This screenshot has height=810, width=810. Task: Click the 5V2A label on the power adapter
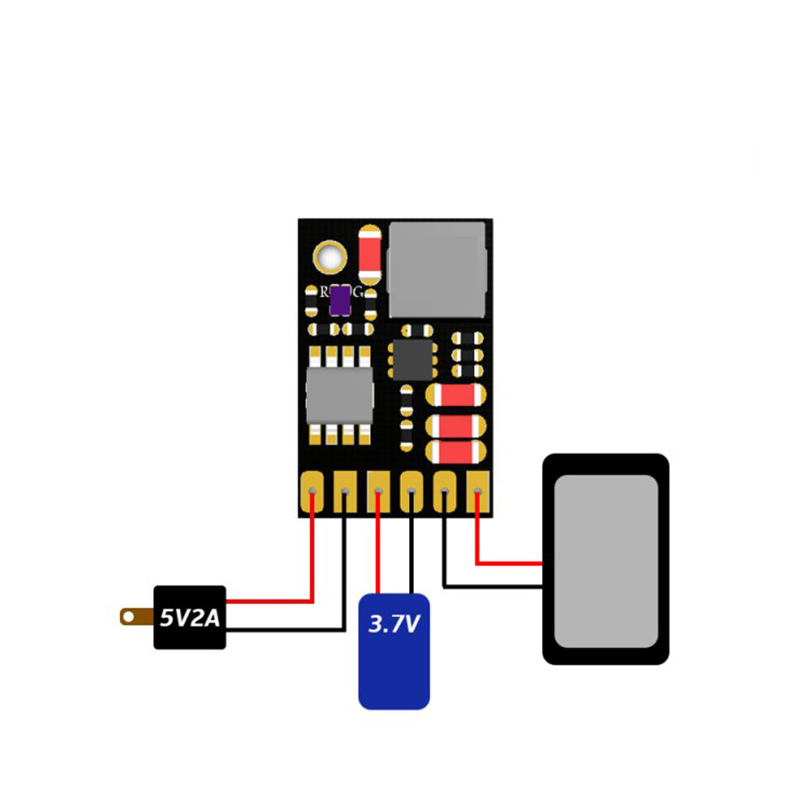(x=190, y=618)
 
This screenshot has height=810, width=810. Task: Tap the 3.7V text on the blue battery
(x=394, y=625)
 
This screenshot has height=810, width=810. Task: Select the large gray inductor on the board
(x=438, y=270)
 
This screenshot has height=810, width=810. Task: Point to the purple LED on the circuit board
(x=340, y=301)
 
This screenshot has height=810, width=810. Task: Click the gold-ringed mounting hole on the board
(x=331, y=257)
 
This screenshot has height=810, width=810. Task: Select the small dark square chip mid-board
(x=413, y=358)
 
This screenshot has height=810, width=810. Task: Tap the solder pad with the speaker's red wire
(x=478, y=492)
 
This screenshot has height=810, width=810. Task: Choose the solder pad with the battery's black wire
(x=411, y=492)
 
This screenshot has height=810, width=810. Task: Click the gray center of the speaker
(x=606, y=561)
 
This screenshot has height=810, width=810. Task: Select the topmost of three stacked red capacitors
(x=455, y=395)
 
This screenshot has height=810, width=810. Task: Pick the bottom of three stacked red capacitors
(x=455, y=450)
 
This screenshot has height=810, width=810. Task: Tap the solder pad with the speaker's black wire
(x=445, y=492)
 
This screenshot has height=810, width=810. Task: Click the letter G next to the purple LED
(x=357, y=292)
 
